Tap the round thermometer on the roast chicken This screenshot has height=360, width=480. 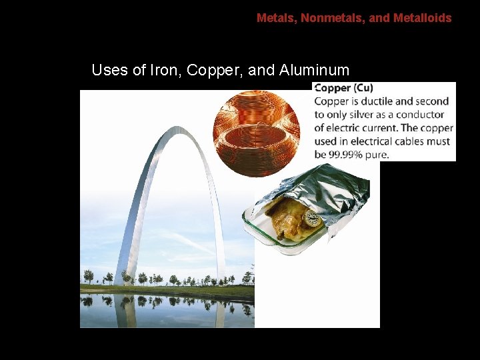[x=311, y=218]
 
